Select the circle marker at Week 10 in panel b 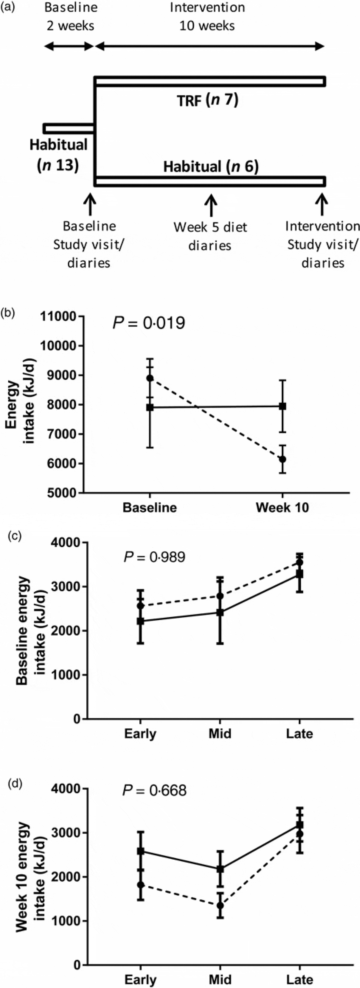click(283, 459)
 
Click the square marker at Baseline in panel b click(150, 407)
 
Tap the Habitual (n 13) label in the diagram click(59, 155)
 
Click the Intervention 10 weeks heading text click(208, 16)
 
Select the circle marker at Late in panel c click(300, 563)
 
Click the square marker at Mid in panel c click(220, 612)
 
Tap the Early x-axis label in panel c click(140, 733)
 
